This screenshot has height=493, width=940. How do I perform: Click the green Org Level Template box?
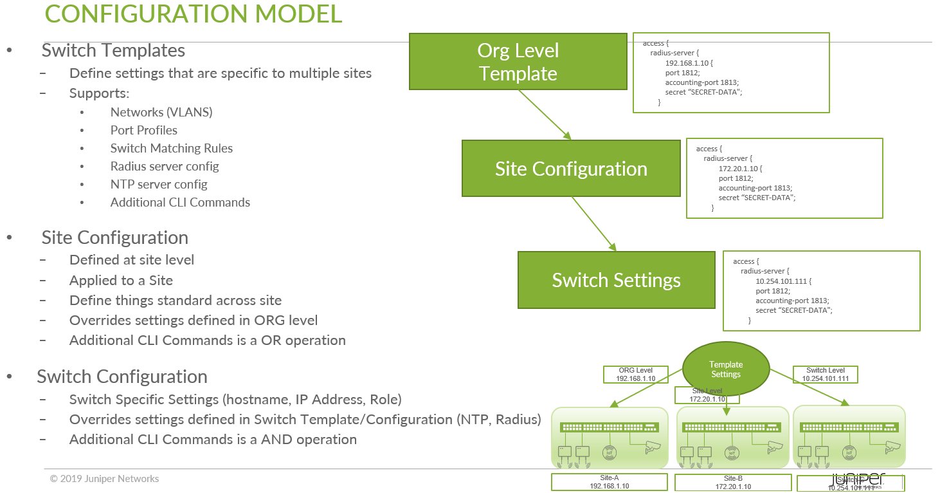coord(518,62)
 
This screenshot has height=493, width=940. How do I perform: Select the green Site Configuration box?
coord(571,169)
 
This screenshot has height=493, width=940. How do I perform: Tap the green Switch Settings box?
coord(616,280)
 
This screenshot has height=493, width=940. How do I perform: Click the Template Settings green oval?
coord(725,369)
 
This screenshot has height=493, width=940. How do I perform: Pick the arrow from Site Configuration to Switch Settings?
coord(593,224)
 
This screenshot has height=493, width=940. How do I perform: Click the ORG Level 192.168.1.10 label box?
coord(635,375)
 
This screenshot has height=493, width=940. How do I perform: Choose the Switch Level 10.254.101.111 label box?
coord(825,375)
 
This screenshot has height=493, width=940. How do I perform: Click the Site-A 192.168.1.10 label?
coord(609,482)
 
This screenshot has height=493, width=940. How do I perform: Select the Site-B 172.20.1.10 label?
coord(733,483)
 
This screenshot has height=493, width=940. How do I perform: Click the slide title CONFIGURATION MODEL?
coord(194,14)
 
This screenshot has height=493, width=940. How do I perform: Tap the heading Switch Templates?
coord(113,50)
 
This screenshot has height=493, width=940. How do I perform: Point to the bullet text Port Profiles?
coord(144,130)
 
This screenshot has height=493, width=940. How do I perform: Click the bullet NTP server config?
coord(159,184)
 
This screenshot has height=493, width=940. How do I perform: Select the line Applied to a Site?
coord(121,280)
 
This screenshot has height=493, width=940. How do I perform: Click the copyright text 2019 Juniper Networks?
coord(104,479)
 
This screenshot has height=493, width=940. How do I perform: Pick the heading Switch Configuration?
coord(122,377)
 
